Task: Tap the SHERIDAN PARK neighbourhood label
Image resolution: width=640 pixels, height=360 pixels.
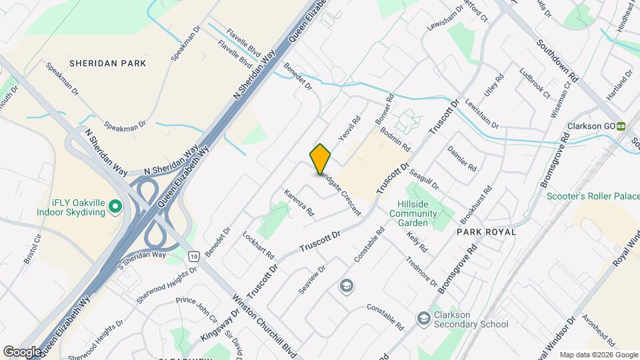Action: pos(107,63)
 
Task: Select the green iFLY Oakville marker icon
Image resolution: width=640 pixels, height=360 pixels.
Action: pos(115,207)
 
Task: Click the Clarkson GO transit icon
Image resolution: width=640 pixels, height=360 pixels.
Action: pos(621,126)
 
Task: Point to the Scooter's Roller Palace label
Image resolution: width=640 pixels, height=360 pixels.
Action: pos(593,196)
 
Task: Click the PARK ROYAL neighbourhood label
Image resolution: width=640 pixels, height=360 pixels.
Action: pos(487,232)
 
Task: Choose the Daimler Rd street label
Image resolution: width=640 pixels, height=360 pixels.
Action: pos(462,157)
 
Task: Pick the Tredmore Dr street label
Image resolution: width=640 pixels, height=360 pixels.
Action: pos(420,269)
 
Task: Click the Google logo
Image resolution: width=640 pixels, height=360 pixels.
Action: pos(22,351)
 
